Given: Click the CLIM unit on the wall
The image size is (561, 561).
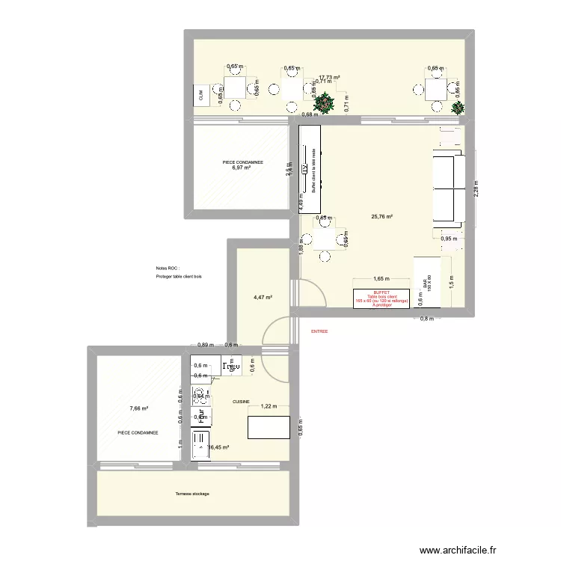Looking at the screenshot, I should pos(200,94).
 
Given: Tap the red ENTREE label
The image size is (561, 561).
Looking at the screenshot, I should pos(320,331).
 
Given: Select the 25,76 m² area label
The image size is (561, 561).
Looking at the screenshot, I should pos(381,217).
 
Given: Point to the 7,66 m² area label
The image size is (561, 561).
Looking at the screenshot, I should pos(138,408).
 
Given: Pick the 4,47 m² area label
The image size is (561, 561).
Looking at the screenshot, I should pos(262,297).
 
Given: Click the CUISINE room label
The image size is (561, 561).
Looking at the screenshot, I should pos(241,402).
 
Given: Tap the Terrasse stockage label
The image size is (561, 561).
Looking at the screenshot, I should pos(192,494).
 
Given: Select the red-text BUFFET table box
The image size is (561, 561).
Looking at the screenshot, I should pos(381,298).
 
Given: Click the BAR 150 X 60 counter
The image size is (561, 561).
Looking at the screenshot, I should pos(426,282).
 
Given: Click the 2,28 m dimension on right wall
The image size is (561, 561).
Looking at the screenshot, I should pos(476,191).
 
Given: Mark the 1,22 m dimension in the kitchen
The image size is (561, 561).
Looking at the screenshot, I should pos(269,407).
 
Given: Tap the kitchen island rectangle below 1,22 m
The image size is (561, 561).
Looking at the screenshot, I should pos(269,427).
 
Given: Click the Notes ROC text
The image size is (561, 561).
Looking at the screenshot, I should pos(167,268).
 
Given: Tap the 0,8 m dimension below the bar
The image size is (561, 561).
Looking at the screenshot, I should pos(426,319).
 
